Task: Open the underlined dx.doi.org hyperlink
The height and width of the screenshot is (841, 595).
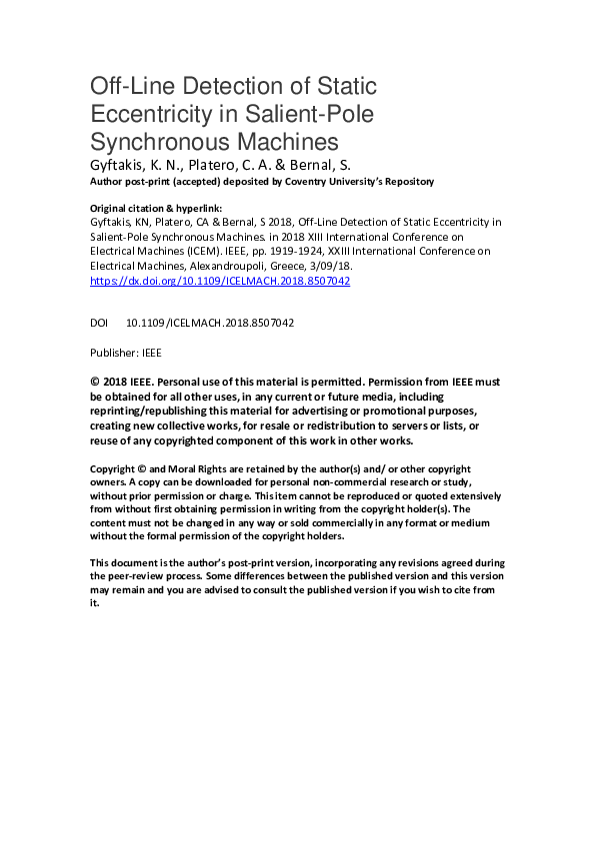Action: coord(220,282)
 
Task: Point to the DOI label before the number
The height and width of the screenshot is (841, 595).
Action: coord(99,323)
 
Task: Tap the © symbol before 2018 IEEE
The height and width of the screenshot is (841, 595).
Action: coord(95,382)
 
